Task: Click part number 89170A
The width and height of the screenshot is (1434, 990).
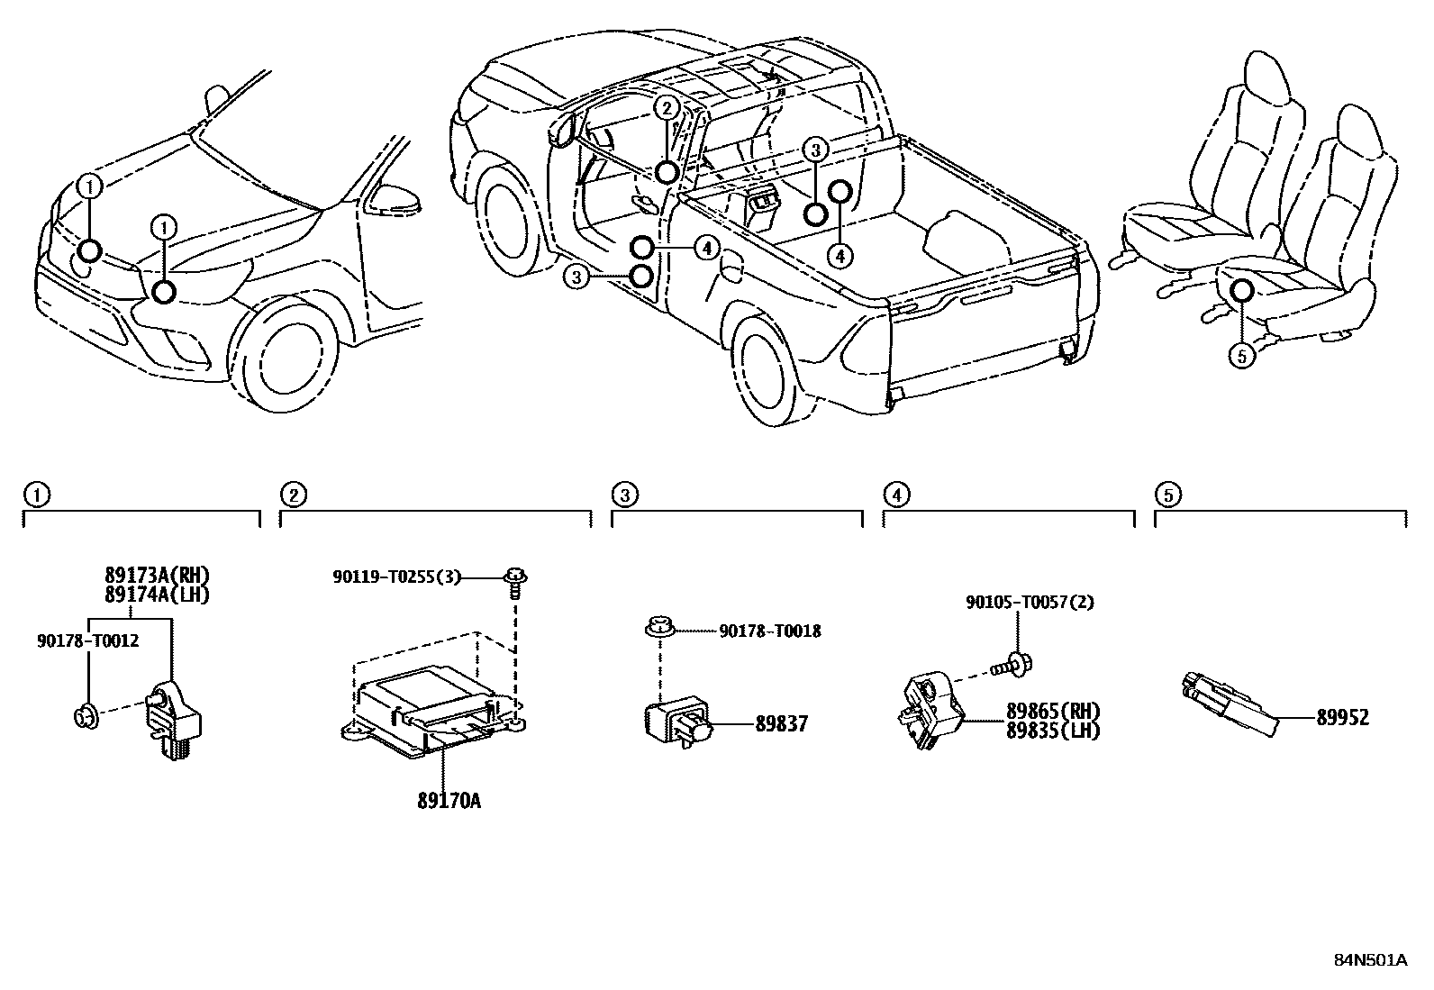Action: pos(448,800)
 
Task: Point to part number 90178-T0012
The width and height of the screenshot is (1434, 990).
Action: pos(87,640)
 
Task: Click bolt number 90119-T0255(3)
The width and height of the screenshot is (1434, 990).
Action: pos(396,577)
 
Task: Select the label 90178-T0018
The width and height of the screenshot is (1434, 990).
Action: pos(769,631)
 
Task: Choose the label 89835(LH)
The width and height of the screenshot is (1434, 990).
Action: pos(1052,731)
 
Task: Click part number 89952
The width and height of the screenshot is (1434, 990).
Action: pos(1342,717)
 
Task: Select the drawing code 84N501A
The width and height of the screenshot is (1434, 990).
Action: pos(1370,959)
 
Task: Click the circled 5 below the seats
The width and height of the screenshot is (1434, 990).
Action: pos(1241,357)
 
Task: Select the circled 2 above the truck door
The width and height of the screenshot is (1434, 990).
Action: pos(665,109)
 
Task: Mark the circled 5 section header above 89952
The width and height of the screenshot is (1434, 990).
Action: pos(1166,495)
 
